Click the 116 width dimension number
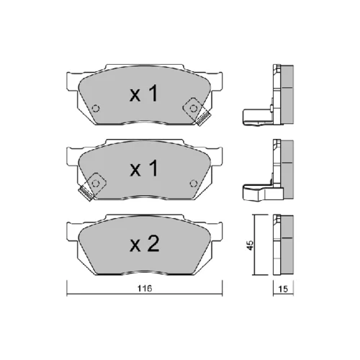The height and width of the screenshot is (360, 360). click(145, 288)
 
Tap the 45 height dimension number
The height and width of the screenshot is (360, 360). click(250, 245)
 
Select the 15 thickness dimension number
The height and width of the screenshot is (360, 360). click(283, 289)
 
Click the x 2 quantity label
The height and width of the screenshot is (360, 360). click(144, 243)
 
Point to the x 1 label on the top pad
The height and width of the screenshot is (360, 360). click(143, 94)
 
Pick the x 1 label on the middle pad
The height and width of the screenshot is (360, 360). click(143, 168)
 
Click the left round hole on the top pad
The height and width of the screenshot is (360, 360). click(96, 109)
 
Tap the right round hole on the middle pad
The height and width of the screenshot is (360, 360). click(194, 184)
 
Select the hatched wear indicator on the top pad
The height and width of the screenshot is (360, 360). click(203, 120)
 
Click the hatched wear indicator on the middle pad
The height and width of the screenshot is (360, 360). click(86, 194)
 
